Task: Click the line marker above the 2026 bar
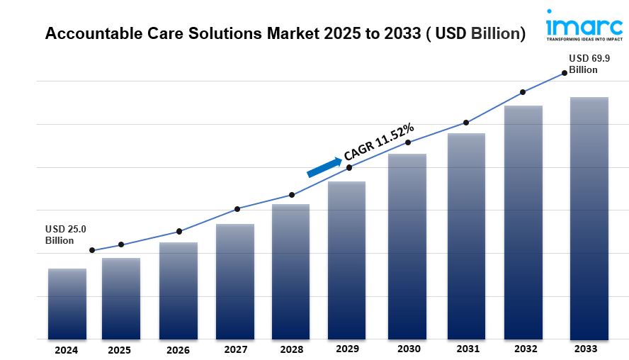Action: point(179,232)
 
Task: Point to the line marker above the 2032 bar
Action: point(523,92)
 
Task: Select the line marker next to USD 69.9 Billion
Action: point(565,72)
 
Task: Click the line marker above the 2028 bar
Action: point(292,195)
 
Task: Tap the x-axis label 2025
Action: point(119,350)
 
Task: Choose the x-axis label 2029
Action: point(347,349)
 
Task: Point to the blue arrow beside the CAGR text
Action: point(324,167)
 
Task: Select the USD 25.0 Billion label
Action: point(65,235)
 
